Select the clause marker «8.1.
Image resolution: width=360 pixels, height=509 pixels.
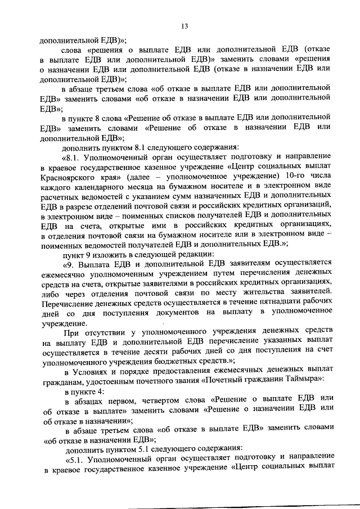pyautogui.click(x=73, y=168)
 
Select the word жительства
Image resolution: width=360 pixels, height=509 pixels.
pyautogui.click(x=246, y=295)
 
